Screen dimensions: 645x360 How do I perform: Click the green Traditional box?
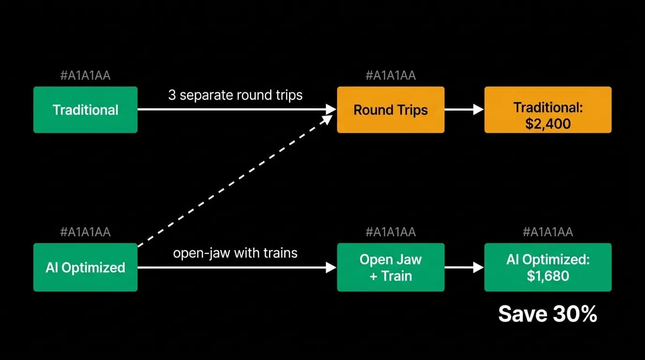coord(85,110)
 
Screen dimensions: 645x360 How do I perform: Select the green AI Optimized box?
coord(85,267)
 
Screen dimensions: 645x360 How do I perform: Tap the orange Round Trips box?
coord(391,110)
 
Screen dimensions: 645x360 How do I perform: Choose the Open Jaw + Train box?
coord(391,267)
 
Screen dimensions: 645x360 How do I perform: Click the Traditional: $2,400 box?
coord(548,110)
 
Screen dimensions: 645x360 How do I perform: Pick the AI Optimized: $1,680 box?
coord(548,267)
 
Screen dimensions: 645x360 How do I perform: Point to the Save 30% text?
coord(547,314)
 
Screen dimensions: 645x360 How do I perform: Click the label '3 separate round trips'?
coord(235,95)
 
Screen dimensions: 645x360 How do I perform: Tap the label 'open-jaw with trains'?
coord(235,253)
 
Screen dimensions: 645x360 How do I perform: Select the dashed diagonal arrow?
coord(235,181)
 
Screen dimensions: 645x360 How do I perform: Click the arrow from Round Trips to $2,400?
coord(464,109)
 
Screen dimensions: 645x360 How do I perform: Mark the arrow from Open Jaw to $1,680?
coord(464,267)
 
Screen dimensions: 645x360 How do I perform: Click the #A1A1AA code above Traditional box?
coord(85,75)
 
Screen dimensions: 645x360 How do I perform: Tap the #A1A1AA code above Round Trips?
coord(391,75)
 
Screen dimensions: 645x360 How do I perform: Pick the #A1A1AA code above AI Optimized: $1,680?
coord(548,232)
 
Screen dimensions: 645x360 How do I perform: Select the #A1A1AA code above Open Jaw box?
coord(391,232)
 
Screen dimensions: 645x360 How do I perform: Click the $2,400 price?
coord(548,124)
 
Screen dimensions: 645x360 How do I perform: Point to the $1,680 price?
coord(548,276)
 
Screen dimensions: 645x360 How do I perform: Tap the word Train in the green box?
coord(397,276)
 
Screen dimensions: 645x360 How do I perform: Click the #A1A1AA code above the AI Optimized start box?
coord(85,232)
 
